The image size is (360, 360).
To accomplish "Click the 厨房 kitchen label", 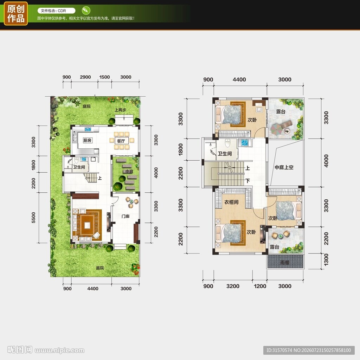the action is click(x=87, y=140).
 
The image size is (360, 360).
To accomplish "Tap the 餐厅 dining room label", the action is click(x=121, y=141).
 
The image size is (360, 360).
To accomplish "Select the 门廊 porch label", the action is click(x=126, y=216).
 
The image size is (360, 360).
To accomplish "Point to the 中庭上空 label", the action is click(x=284, y=167).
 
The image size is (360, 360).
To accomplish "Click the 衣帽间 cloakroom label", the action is click(x=231, y=202).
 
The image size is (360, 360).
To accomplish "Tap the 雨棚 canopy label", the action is click(x=285, y=262).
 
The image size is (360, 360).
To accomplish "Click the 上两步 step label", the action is click(x=120, y=110).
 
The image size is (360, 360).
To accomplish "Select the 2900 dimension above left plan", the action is click(x=85, y=77).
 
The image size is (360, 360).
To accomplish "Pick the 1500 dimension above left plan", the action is click(x=104, y=77).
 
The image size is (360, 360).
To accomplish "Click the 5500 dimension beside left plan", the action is click(x=33, y=217).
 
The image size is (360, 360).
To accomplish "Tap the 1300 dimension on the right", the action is click(x=326, y=260).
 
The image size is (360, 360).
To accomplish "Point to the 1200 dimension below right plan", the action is click(x=260, y=286).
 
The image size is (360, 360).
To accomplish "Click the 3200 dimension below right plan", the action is click(x=233, y=286).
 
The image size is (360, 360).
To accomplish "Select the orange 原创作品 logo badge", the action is click(x=16, y=14).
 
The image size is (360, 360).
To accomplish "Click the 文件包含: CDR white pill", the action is click(x=57, y=11).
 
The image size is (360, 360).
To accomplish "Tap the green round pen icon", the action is click(x=86, y=10).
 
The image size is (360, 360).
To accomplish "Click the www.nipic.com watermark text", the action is click(x=59, y=351).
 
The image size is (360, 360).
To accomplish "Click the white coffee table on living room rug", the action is click(x=87, y=225).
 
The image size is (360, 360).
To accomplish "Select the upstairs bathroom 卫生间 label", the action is click(x=225, y=154).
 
